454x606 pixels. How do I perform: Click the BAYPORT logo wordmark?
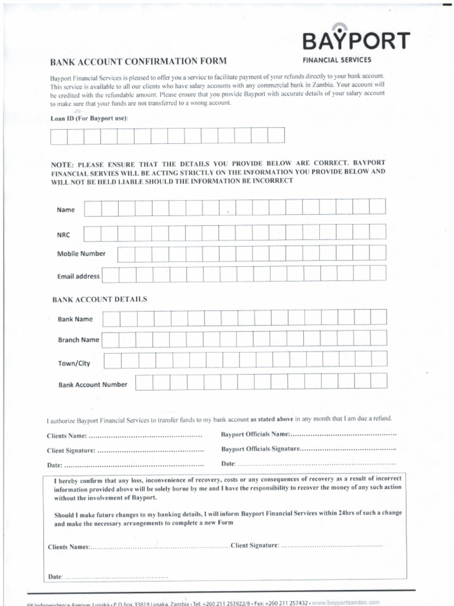pyautogui.click(x=356, y=41)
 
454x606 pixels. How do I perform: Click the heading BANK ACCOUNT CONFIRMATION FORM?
pyautogui.click(x=138, y=61)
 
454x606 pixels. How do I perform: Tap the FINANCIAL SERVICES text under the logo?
pyautogui.click(x=337, y=60)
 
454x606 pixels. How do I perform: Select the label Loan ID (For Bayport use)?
pyautogui.click(x=89, y=118)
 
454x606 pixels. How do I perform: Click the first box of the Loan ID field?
pyautogui.click(x=59, y=136)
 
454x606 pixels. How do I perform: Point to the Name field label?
pyautogui.click(x=66, y=210)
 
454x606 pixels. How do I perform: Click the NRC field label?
pyautogui.click(x=63, y=235)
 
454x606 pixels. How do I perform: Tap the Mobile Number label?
pyautogui.click(x=81, y=254)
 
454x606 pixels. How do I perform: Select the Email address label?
pyautogui.click(x=78, y=276)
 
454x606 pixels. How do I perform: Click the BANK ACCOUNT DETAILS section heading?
pyautogui.click(x=99, y=299)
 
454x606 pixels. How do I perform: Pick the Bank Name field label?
pyautogui.click(x=75, y=320)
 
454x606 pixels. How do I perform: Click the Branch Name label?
pyautogui.click(x=78, y=340)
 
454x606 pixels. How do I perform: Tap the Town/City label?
pyautogui.click(x=74, y=363)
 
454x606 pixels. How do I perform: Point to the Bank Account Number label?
pyautogui.click(x=92, y=385)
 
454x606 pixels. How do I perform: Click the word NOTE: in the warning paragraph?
pyautogui.click(x=63, y=163)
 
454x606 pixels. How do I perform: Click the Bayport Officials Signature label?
pyautogui.click(x=260, y=449)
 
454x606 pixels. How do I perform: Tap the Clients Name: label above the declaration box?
pyautogui.click(x=67, y=436)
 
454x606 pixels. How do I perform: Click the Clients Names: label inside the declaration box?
pyautogui.click(x=69, y=547)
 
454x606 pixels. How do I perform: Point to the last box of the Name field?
pyautogui.click(x=378, y=207)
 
